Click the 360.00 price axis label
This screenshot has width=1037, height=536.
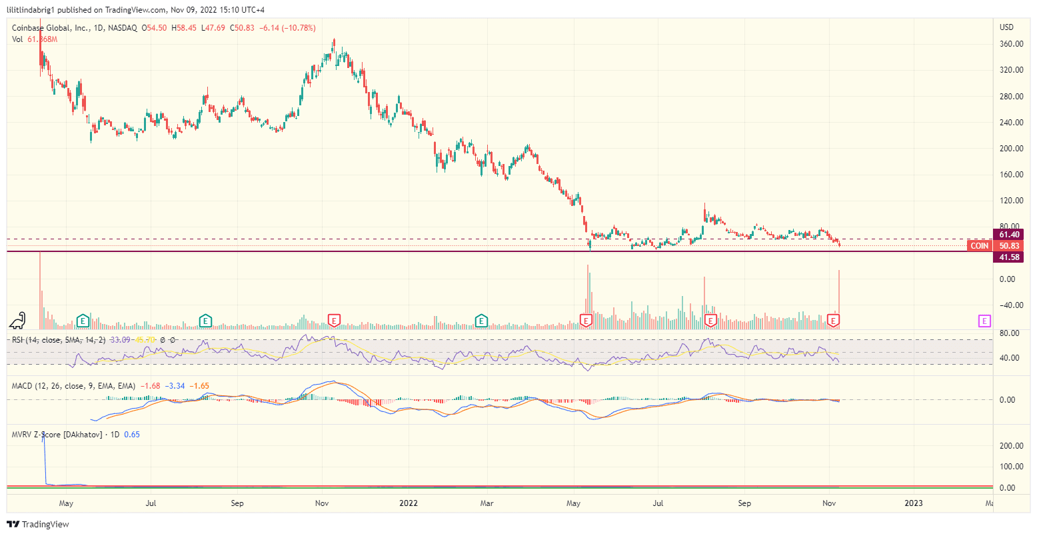click(1011, 44)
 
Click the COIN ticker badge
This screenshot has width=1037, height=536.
click(979, 246)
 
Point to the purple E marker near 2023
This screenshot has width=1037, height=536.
click(984, 321)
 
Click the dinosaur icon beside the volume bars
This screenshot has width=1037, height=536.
click(18, 321)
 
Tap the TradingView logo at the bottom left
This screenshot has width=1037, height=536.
click(38, 525)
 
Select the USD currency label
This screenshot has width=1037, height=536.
click(1006, 27)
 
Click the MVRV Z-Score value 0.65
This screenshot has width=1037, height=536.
click(132, 435)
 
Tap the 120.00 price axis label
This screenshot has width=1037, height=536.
click(1011, 201)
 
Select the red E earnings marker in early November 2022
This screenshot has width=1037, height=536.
click(832, 321)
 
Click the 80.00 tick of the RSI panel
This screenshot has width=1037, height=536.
click(1009, 333)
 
